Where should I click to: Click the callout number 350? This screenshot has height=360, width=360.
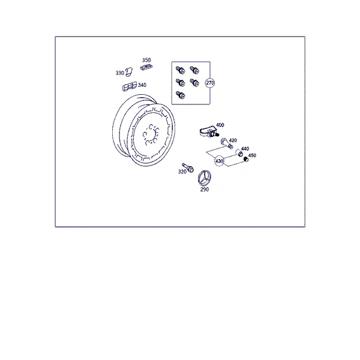click(146, 60)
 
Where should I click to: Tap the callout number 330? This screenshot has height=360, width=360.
click(119, 73)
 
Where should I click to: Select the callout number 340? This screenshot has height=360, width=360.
click(142, 85)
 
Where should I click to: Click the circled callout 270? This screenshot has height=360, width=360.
click(210, 83)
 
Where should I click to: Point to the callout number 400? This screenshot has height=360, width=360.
click(220, 125)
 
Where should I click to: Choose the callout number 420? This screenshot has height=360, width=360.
click(233, 140)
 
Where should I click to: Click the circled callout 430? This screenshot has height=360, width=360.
click(219, 161)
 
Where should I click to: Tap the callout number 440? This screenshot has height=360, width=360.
click(245, 149)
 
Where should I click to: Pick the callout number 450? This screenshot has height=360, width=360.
click(252, 155)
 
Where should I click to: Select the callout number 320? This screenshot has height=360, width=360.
click(182, 172)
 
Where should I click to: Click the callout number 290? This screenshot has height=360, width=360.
click(205, 190)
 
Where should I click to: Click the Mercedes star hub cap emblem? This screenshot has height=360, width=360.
click(205, 178)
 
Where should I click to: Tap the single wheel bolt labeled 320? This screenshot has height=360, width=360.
click(188, 168)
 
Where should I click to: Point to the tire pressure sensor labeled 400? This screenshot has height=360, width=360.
click(209, 133)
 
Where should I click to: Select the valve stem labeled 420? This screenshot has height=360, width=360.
click(227, 143)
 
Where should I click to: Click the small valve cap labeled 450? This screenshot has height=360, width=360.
click(246, 159)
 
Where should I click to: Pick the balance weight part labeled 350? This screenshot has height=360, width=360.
click(146, 67)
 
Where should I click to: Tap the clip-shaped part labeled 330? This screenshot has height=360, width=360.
click(129, 72)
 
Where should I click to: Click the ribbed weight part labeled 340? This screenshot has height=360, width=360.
click(130, 86)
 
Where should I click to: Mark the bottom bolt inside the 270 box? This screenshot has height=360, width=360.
click(181, 95)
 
